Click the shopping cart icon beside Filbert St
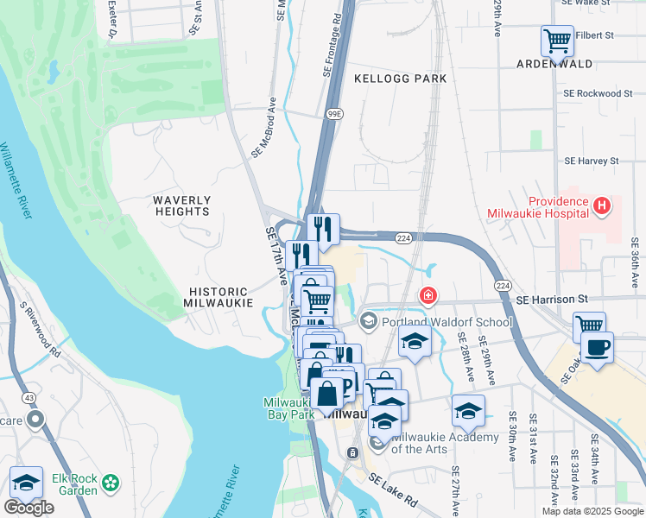click(x=557, y=41)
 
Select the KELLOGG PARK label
click(x=401, y=79)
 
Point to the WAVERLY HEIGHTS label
click(x=181, y=205)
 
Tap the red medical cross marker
click(x=427, y=297)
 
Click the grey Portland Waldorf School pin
click(x=369, y=322)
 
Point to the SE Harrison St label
click(x=550, y=299)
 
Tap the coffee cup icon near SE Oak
click(x=598, y=347)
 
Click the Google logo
click(x=28, y=508)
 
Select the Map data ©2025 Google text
click(x=592, y=511)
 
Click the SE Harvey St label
click(x=592, y=161)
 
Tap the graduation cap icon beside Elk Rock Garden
click(x=26, y=483)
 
